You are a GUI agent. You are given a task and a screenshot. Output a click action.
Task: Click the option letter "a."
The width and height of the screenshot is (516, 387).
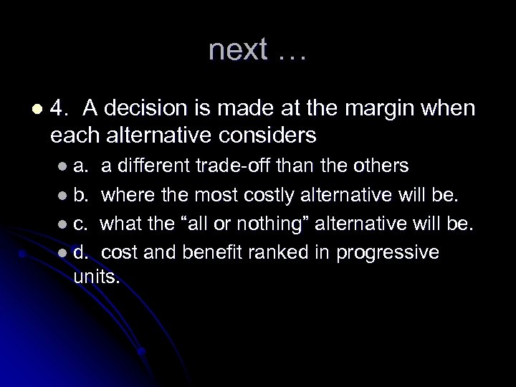(x=81, y=166)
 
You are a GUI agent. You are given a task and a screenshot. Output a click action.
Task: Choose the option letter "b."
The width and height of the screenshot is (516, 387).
(x=81, y=194)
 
